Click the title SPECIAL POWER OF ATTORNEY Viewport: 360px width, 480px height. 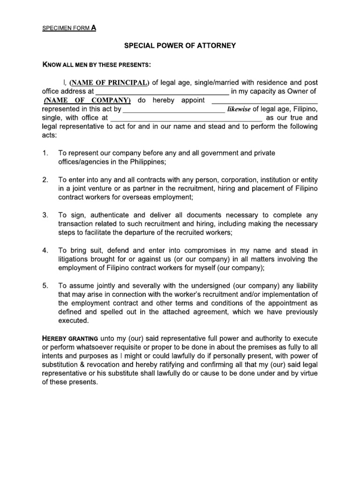[180, 45]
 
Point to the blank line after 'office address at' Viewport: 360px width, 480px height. [162, 92]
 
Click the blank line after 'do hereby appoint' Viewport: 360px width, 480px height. [265, 101]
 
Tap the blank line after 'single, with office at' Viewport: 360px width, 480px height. [186, 118]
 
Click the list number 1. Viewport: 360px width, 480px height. [45, 153]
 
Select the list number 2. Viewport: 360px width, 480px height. [45, 180]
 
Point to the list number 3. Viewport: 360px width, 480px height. [45, 215]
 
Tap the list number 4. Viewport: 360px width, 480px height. [45, 250]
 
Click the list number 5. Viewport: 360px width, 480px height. [45, 285]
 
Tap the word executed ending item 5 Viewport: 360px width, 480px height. [73, 321]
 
